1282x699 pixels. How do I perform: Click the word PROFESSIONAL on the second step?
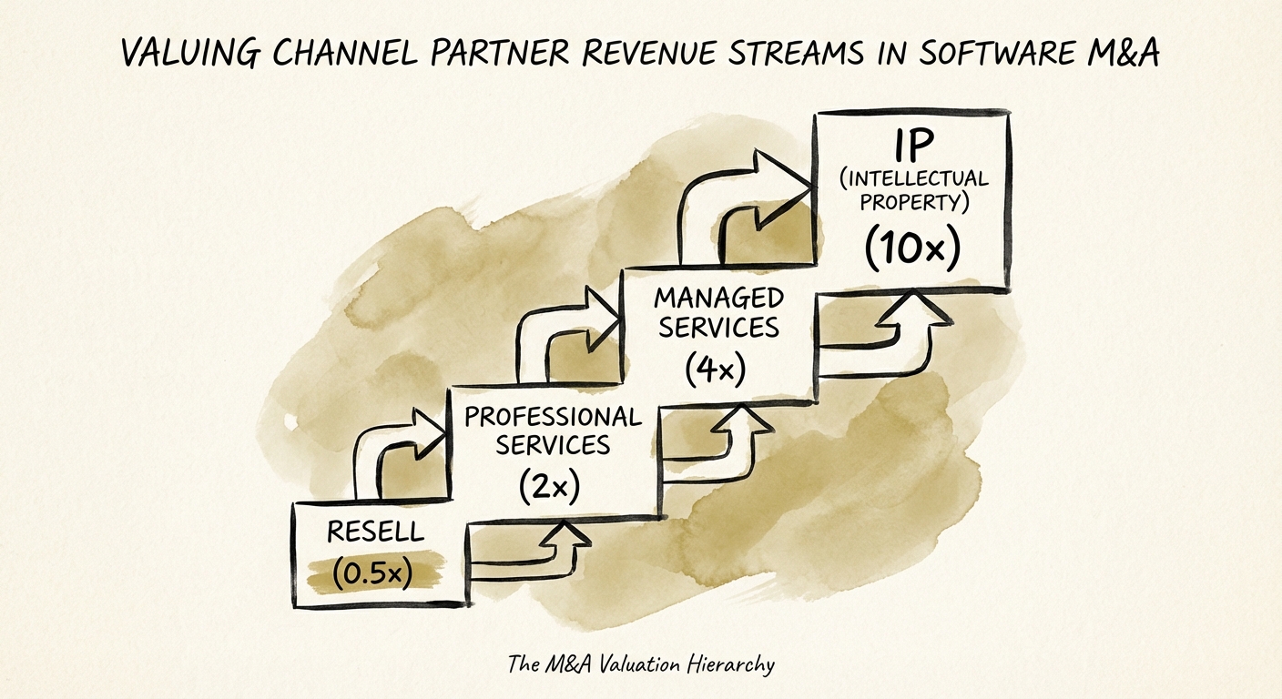point(553,417)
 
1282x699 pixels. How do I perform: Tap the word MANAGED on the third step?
point(719,299)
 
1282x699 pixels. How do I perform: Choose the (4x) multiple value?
point(716,368)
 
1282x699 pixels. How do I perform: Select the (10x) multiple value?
point(912,248)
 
